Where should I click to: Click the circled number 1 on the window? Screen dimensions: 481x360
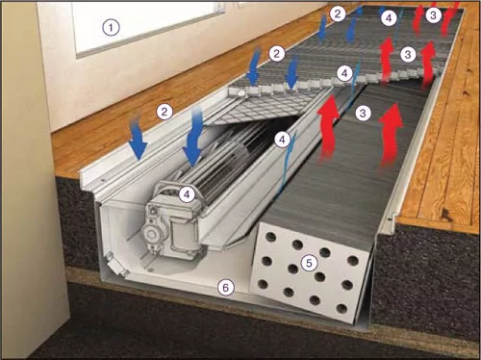click(x=111, y=27)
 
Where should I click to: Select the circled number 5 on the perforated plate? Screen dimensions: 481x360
click(x=309, y=263)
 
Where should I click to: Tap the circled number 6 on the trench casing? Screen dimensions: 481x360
click(x=226, y=288)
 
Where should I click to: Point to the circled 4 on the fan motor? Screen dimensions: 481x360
click(x=187, y=194)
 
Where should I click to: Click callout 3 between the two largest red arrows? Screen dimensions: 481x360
click(x=363, y=113)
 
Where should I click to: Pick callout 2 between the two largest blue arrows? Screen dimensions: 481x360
click(x=165, y=112)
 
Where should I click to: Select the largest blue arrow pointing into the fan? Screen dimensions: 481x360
click(x=193, y=137)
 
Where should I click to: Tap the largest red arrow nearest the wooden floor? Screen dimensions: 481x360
click(x=391, y=135)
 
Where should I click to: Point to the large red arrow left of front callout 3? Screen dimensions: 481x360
click(x=328, y=127)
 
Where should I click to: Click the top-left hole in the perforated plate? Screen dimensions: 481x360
click(x=271, y=237)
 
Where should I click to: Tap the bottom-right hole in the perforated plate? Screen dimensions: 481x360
click(x=342, y=309)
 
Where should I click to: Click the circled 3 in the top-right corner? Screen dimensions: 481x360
click(x=433, y=14)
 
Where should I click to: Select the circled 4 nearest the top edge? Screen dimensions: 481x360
click(x=389, y=18)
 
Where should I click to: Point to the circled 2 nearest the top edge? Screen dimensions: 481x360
click(x=338, y=13)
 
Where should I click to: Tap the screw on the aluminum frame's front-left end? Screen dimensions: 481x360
click(x=102, y=181)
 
